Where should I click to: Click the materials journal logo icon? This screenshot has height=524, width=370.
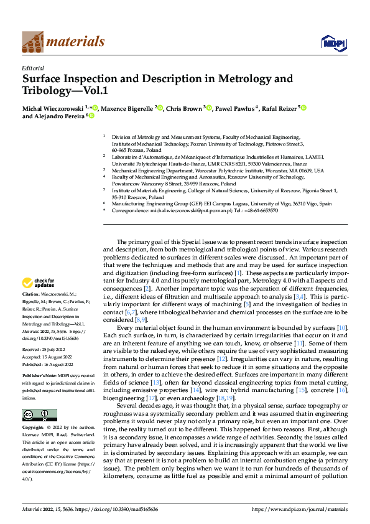coord(32,41)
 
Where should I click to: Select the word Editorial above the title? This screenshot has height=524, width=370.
coord(32,68)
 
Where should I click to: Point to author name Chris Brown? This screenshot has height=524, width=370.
coord(184,108)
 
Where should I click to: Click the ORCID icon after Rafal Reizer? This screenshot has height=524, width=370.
coord(304,108)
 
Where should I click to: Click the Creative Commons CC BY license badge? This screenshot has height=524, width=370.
coord(39,398)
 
